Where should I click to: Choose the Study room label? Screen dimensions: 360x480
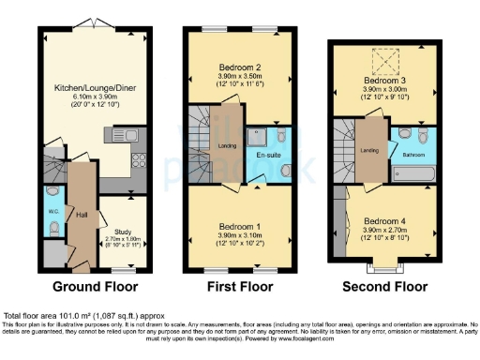124,232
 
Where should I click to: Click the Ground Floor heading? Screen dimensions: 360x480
90,286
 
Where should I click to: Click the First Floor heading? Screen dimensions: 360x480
239,286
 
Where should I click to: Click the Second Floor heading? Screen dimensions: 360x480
383,286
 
